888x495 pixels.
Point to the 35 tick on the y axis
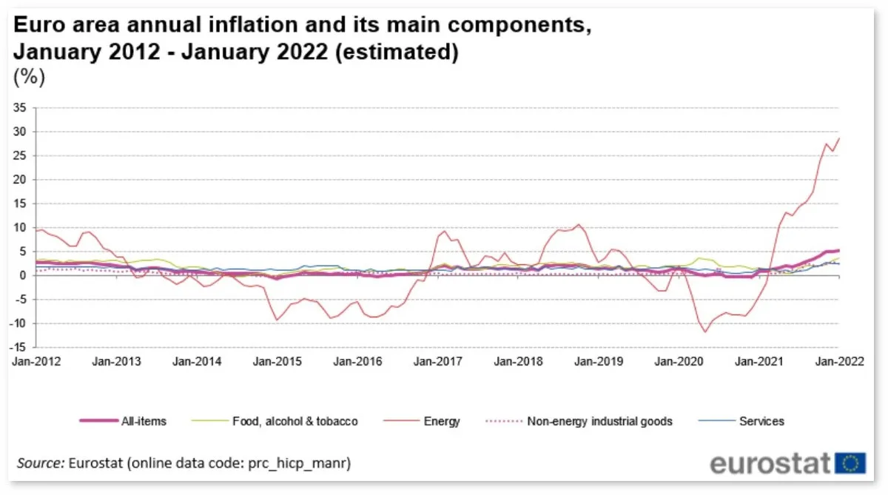[21, 108]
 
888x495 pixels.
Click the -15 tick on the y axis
[18, 347]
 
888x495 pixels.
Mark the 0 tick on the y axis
[24, 275]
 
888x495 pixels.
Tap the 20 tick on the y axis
[21, 180]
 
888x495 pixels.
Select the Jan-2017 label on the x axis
[438, 362]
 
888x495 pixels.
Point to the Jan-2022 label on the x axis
[838, 362]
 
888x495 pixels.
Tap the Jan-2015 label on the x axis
[277, 362]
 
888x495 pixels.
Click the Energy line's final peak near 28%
[838, 138]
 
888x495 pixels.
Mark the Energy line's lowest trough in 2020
[705, 331]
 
